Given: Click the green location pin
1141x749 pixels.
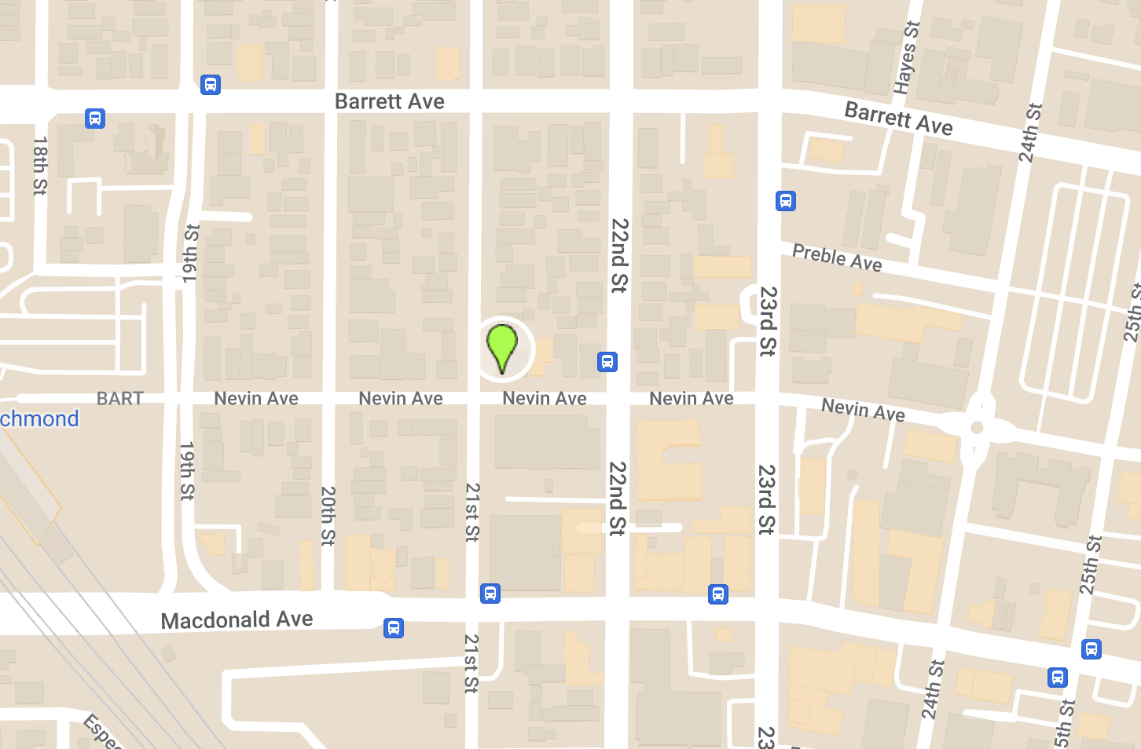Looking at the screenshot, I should click(x=501, y=347).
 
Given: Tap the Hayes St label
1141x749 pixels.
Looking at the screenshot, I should click(x=907, y=57).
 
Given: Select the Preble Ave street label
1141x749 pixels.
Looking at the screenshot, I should click(x=837, y=258).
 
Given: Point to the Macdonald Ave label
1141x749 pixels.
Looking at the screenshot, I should click(x=237, y=620).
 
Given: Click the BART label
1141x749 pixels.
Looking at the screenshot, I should click(x=119, y=399).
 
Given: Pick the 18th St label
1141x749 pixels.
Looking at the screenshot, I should click(x=40, y=166).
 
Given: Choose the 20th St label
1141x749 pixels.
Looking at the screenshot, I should click(x=328, y=516).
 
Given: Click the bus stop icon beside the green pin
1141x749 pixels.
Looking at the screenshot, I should click(x=607, y=362).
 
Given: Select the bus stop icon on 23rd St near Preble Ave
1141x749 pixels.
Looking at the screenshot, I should click(x=786, y=201).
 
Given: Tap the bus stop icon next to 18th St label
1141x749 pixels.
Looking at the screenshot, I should click(x=95, y=119).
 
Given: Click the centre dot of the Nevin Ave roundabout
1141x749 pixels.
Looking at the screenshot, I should click(x=977, y=427).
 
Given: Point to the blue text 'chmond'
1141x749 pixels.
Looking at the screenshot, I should click(x=39, y=418).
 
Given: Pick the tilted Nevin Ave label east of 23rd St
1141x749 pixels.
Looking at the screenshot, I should click(x=863, y=410).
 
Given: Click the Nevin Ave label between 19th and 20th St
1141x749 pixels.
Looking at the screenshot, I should click(x=256, y=399).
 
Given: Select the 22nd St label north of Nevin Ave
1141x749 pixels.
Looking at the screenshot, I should click(x=619, y=256).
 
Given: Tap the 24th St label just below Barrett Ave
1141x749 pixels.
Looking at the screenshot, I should click(x=1029, y=133).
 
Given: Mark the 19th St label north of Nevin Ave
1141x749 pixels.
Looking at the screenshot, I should click(x=191, y=253).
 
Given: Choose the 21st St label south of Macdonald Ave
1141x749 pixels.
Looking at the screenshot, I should click(x=471, y=663).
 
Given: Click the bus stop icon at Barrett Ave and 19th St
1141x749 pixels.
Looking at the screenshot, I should click(x=211, y=85).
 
